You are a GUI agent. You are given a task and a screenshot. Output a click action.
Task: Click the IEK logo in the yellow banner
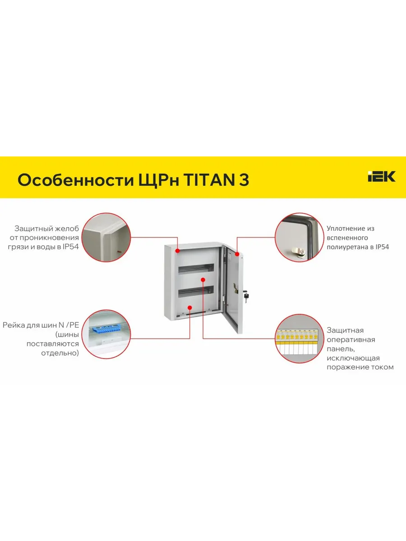[381, 176]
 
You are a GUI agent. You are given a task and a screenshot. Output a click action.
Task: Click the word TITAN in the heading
[209, 180]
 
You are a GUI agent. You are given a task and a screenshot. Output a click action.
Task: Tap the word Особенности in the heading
[76, 180]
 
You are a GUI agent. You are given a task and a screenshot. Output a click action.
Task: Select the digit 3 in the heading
[244, 180]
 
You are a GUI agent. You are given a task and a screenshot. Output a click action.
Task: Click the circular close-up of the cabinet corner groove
[106, 237]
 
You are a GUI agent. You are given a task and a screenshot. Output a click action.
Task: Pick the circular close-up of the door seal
[299, 237]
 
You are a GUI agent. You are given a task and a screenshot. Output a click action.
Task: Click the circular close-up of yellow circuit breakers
[299, 339]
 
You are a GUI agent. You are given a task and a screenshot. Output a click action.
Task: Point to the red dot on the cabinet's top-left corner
[177, 251]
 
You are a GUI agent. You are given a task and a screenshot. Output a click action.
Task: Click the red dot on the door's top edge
[237, 254]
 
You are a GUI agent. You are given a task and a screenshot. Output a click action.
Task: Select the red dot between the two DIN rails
[203, 280]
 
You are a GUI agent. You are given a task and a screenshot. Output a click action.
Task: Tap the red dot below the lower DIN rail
[189, 307]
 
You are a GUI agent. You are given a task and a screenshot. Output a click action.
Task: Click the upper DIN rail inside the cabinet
[196, 268]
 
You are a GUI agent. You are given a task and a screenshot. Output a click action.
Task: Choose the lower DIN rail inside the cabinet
[196, 291]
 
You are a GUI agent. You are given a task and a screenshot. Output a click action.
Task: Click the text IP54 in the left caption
[70, 247]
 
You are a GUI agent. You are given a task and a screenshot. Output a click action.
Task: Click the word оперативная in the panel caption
[351, 339]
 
